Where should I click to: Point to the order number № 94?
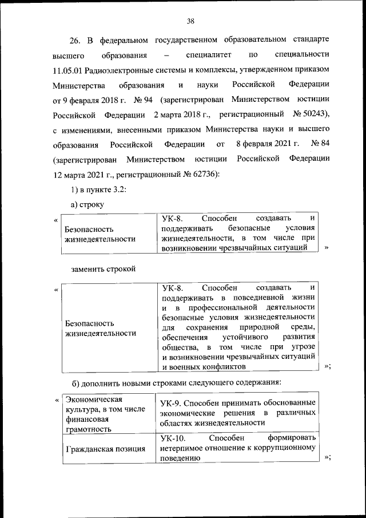(144, 100)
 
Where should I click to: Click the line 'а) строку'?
(86, 204)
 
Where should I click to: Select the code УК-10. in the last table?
(176, 438)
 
